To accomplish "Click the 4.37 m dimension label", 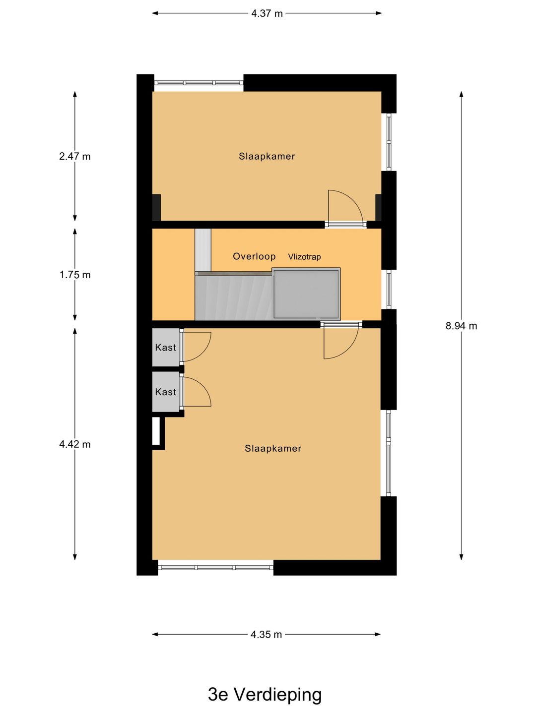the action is [267, 14].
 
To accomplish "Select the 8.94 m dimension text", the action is [461, 326].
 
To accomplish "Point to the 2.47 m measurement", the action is [75, 157].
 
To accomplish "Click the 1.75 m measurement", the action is [75, 275].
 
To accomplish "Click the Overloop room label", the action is [254, 256].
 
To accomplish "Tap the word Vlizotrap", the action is [304, 257].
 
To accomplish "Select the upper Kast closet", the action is [166, 347].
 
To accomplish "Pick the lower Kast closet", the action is [166, 392].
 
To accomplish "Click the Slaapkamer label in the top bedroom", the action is [267, 157].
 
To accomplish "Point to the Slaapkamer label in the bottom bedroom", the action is [273, 449].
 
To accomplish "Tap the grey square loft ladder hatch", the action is [306, 294].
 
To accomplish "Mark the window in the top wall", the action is [199, 83].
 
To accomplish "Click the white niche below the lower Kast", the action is [156, 431].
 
